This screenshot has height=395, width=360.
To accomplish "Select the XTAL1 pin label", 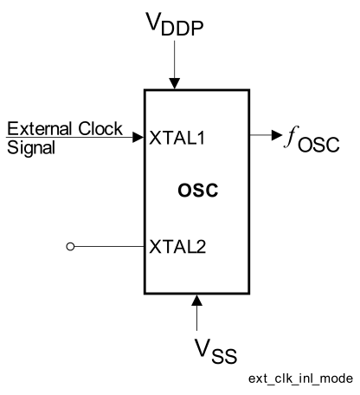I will coord(176,137).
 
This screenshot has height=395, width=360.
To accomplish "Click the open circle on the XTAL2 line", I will coord(70,247).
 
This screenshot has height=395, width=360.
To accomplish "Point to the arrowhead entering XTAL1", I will coord(138,136).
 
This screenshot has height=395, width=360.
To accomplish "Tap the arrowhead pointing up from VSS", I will coord(197,300).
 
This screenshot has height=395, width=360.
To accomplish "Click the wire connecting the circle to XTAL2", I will coord(108,247).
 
